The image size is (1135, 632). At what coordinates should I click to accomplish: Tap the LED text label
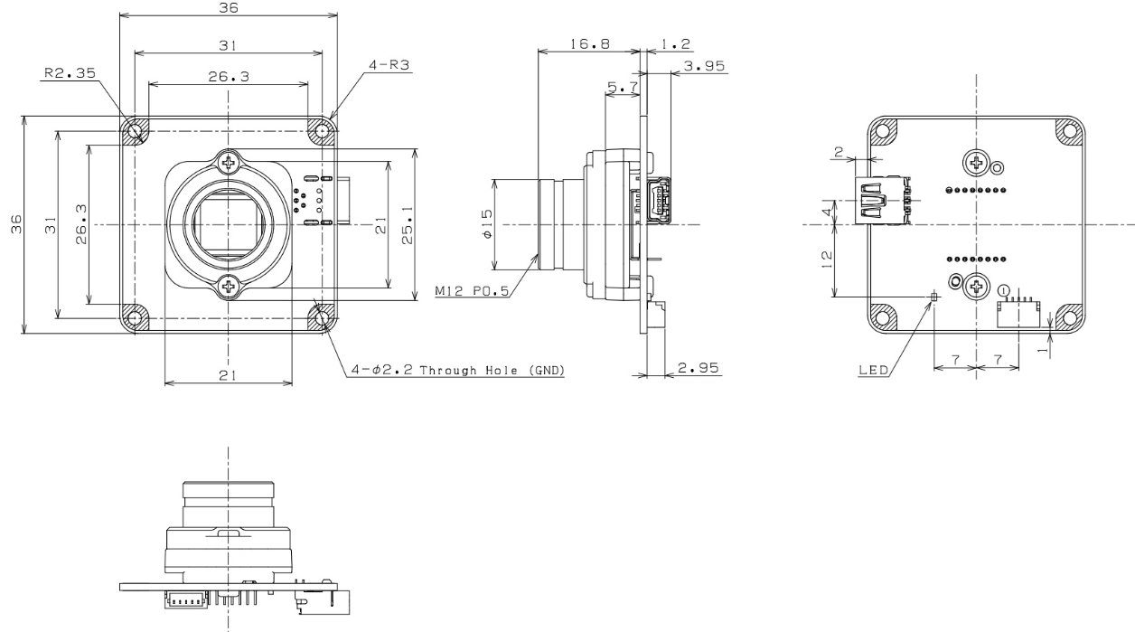[x=872, y=370]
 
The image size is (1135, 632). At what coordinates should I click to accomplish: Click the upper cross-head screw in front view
[x=232, y=164]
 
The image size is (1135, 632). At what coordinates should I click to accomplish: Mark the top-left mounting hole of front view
[x=135, y=131]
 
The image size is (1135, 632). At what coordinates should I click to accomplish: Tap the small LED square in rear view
[x=934, y=295]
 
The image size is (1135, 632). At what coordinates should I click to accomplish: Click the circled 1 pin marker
[x=1004, y=289]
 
